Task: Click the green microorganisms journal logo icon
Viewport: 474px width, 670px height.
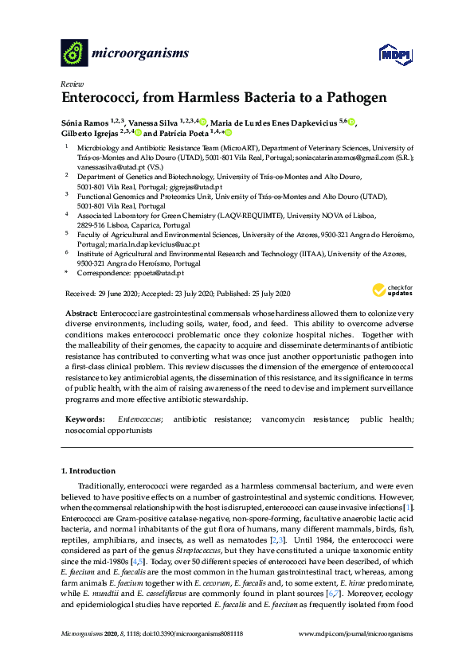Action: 74,53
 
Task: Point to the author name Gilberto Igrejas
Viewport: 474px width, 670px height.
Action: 90,133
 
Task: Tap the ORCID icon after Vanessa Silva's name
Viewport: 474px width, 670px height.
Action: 203,122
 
